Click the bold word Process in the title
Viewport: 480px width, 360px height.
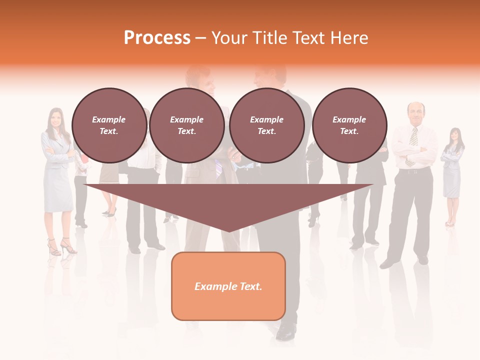tap(157, 38)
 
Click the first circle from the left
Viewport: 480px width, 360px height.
tap(109, 125)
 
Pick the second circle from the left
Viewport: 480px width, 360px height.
tap(186, 125)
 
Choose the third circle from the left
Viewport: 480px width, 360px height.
tap(266, 125)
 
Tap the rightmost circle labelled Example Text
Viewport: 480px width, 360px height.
tap(349, 125)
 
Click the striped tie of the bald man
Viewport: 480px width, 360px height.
tap(413, 137)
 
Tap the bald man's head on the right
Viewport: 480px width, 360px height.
tap(415, 112)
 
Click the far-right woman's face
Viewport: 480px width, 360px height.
tap(454, 135)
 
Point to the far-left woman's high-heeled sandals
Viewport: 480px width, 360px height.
tap(61, 247)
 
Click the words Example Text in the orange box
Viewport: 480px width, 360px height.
tap(228, 286)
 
